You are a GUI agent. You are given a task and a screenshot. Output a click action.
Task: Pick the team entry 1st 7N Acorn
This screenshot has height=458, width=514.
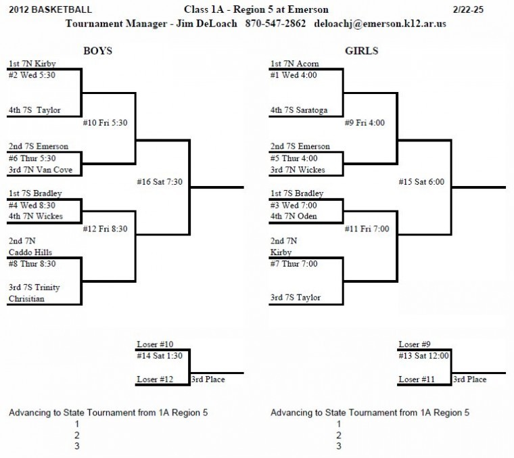294,64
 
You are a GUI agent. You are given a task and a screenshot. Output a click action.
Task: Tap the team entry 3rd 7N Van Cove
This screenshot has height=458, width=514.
41,169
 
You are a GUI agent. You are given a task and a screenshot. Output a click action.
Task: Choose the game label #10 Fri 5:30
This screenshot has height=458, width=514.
106,122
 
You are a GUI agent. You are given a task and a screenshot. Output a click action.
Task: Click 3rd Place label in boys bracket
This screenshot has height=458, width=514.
208,380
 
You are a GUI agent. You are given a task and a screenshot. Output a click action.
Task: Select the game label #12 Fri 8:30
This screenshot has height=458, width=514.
106,229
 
